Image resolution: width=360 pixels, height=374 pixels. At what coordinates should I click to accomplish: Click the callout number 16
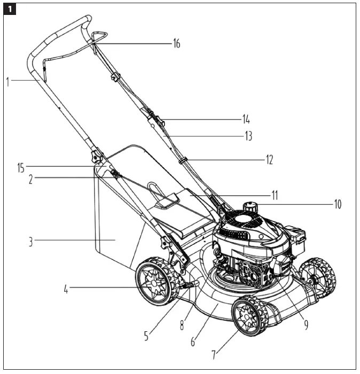(176, 44)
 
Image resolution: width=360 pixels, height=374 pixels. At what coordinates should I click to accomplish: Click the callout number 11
(274, 195)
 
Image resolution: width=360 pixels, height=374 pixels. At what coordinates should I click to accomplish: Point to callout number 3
(32, 241)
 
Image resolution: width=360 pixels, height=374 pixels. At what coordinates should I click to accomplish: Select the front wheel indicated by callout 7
(249, 315)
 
